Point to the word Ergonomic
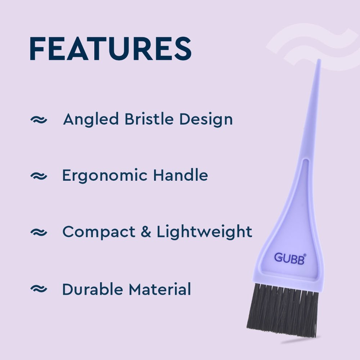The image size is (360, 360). click(105, 176)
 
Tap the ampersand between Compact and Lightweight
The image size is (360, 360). click(146, 232)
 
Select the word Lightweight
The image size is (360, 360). click(204, 232)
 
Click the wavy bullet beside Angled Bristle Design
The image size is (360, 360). click(39, 120)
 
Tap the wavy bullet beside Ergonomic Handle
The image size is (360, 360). click(39, 176)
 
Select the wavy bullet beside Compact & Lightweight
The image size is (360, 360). click(39, 233)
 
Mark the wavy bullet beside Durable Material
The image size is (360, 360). click(39, 289)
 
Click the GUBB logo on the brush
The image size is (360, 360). click(290, 258)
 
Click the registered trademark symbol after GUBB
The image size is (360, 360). click(305, 255)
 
